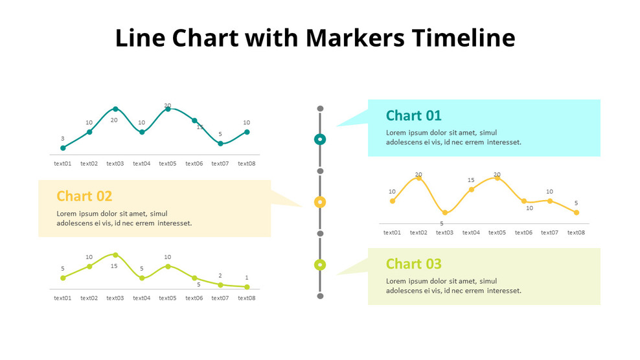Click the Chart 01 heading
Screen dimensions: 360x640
[x=413, y=116]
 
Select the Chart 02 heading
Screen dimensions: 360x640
[x=84, y=196]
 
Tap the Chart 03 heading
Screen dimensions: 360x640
[x=413, y=264]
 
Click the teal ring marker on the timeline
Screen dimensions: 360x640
[x=320, y=139]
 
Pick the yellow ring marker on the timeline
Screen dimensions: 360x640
[x=320, y=202]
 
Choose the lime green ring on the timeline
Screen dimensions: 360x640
[x=320, y=265]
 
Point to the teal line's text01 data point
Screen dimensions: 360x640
[x=63, y=148]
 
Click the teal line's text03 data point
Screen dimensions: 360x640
[x=115, y=109]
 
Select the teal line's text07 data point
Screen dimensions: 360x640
[x=220, y=144]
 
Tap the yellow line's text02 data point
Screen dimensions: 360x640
[x=418, y=178]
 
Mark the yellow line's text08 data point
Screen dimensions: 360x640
[x=576, y=212]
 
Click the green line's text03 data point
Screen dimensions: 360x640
[x=115, y=255]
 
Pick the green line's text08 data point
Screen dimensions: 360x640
[x=247, y=287]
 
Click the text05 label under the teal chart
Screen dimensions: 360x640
[x=168, y=164]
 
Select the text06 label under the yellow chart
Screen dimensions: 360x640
[x=523, y=232]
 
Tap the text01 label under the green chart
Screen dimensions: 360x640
[x=63, y=298]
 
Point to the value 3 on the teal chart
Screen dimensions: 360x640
[x=63, y=139]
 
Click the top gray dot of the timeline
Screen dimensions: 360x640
[x=320, y=109]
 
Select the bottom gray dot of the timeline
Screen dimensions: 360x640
[x=320, y=296]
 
